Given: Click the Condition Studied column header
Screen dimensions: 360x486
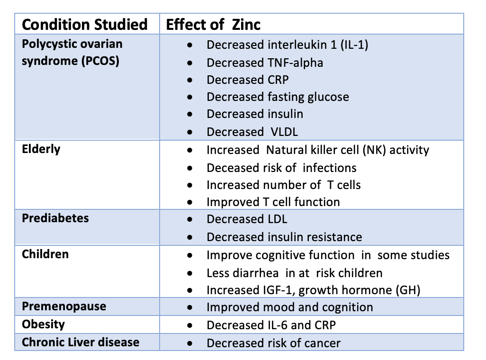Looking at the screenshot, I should coord(85,24).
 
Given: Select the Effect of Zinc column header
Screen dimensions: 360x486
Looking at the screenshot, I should coord(213,24).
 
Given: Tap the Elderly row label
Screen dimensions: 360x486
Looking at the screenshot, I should coord(41,149).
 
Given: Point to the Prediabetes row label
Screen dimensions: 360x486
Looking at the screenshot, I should coord(55,218).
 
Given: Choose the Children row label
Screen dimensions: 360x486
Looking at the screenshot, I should coord(45,254).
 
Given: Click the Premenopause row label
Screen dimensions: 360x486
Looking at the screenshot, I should coord(64,306).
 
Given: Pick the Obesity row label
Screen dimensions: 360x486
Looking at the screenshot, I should coord(44,324).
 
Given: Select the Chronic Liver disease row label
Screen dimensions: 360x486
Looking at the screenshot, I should coord(81,342).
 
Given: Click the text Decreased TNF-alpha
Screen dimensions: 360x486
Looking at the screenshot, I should coord(265,63).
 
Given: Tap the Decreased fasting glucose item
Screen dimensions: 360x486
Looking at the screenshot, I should coord(278,97).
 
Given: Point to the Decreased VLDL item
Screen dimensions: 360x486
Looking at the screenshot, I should coord(252,132).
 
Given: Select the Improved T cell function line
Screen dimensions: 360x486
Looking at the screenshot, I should coord(273,202).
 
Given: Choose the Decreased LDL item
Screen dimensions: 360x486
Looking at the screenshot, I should coord(247,219).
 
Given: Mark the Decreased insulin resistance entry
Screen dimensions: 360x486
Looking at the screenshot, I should coord(284,237).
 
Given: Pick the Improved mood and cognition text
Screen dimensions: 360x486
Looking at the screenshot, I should coord(289,307).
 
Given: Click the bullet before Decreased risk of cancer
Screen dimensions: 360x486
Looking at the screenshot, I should coord(190,343).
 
